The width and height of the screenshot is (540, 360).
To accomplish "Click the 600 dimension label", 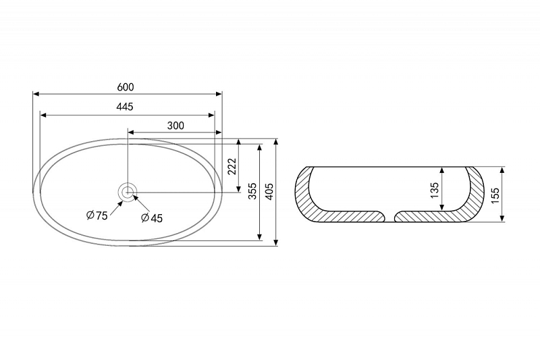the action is tap(126, 87).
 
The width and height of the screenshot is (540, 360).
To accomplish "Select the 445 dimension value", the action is tap(124, 107).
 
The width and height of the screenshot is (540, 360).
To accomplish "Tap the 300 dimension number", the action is tap(175, 126).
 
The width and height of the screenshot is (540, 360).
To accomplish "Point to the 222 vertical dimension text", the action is tap(233, 166).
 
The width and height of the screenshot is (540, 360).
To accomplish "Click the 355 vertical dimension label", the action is tap(252, 191).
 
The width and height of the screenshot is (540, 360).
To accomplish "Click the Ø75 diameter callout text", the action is tap(97, 215).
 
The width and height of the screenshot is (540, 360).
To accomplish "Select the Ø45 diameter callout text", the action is tap(152, 217).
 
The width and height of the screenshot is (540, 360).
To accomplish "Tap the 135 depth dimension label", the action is tap(435, 190).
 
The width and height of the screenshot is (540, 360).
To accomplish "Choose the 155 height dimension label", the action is tap(495, 195).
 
